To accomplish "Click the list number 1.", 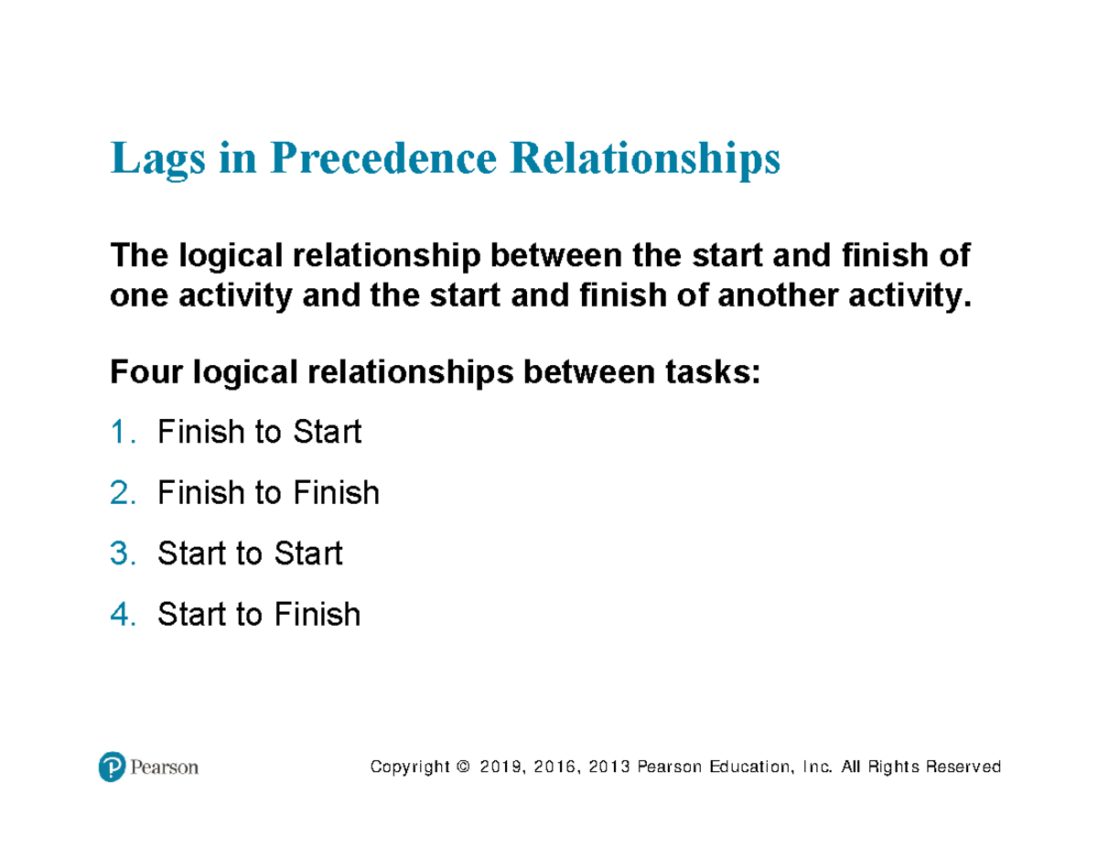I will [x=123, y=432].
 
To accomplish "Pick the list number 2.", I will [x=123, y=493].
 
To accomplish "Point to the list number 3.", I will [x=123, y=553].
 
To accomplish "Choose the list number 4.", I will [x=123, y=615].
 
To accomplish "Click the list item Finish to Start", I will [x=259, y=432].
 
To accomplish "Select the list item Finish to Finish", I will [x=268, y=493].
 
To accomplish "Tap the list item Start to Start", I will [x=250, y=553].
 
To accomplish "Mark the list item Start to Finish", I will [x=259, y=615].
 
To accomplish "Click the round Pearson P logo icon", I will [x=112, y=767].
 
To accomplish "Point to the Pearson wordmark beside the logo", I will [x=164, y=767].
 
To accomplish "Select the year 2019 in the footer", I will [x=498, y=767].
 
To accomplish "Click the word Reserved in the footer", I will [x=963, y=767].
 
